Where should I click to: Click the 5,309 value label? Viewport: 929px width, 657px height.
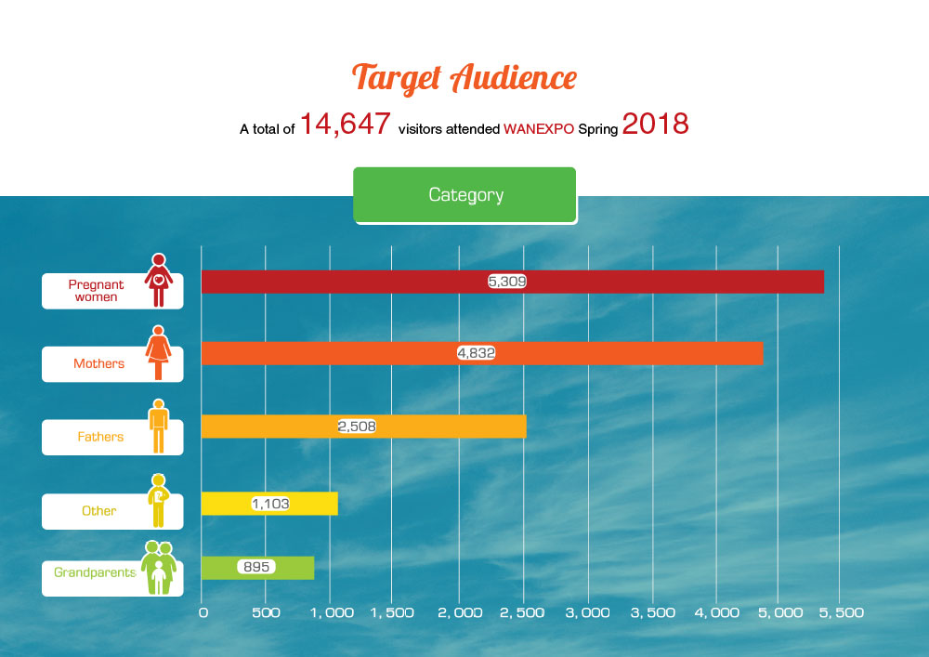pyautogui.click(x=507, y=281)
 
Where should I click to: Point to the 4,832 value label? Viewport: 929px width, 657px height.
pyautogui.click(x=477, y=353)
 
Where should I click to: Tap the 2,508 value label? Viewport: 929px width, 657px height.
pyautogui.click(x=357, y=426)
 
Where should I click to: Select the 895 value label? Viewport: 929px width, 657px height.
pyautogui.click(x=255, y=567)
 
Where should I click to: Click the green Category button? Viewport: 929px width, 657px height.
pyautogui.click(x=465, y=195)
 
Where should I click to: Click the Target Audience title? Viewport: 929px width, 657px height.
pyautogui.click(x=464, y=78)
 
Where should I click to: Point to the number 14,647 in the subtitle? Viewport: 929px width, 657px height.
pyautogui.click(x=345, y=125)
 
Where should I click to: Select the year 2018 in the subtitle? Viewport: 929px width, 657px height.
pyautogui.click(x=655, y=125)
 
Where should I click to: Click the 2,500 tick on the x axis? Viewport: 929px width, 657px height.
pyautogui.click(x=522, y=613)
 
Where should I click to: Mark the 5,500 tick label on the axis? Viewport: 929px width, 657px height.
pyautogui.click(x=838, y=613)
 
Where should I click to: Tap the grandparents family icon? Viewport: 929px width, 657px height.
pyautogui.click(x=158, y=568)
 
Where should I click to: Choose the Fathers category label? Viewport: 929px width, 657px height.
pyautogui.click(x=100, y=437)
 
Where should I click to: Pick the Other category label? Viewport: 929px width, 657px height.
pyautogui.click(x=99, y=510)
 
